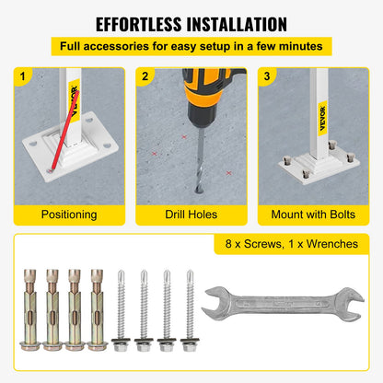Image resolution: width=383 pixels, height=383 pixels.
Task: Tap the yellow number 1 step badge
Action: [x=23, y=77]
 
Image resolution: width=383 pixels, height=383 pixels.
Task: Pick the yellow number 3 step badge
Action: [x=267, y=77]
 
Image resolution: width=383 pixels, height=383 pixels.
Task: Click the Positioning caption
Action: [x=69, y=215]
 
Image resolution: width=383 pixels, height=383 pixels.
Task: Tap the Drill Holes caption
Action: [x=191, y=215]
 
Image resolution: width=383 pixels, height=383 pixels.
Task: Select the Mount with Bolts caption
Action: [x=313, y=215]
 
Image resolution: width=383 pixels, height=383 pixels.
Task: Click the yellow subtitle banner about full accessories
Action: [x=191, y=46]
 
